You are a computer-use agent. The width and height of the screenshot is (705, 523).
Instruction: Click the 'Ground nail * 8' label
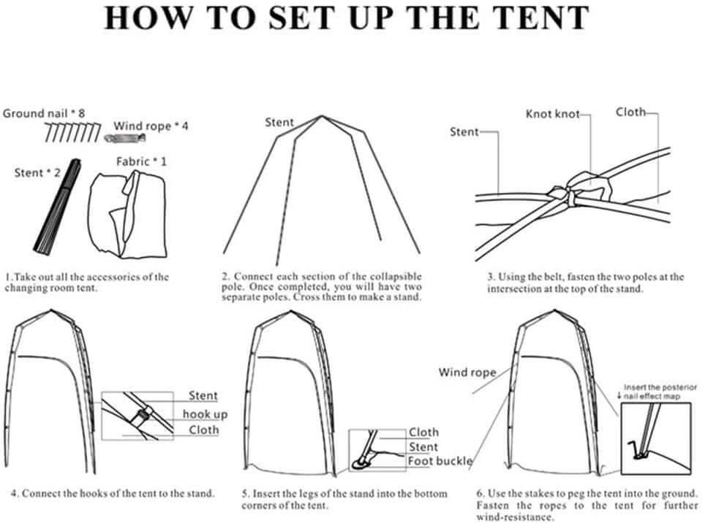point(44,113)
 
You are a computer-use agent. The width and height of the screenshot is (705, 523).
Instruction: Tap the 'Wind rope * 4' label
point(151,126)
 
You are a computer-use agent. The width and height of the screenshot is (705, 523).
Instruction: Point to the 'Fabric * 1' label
point(141,161)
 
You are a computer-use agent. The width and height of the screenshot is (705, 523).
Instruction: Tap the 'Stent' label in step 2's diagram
point(279,123)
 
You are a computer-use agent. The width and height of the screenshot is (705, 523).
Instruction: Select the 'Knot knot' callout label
point(552,114)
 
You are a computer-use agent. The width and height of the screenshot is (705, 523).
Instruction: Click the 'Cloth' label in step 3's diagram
point(630,112)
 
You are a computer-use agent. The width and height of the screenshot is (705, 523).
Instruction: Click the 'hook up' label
point(205,414)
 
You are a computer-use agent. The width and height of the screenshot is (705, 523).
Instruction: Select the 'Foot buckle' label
point(440,461)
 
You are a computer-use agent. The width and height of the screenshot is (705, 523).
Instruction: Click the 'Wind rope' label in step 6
point(467,373)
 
